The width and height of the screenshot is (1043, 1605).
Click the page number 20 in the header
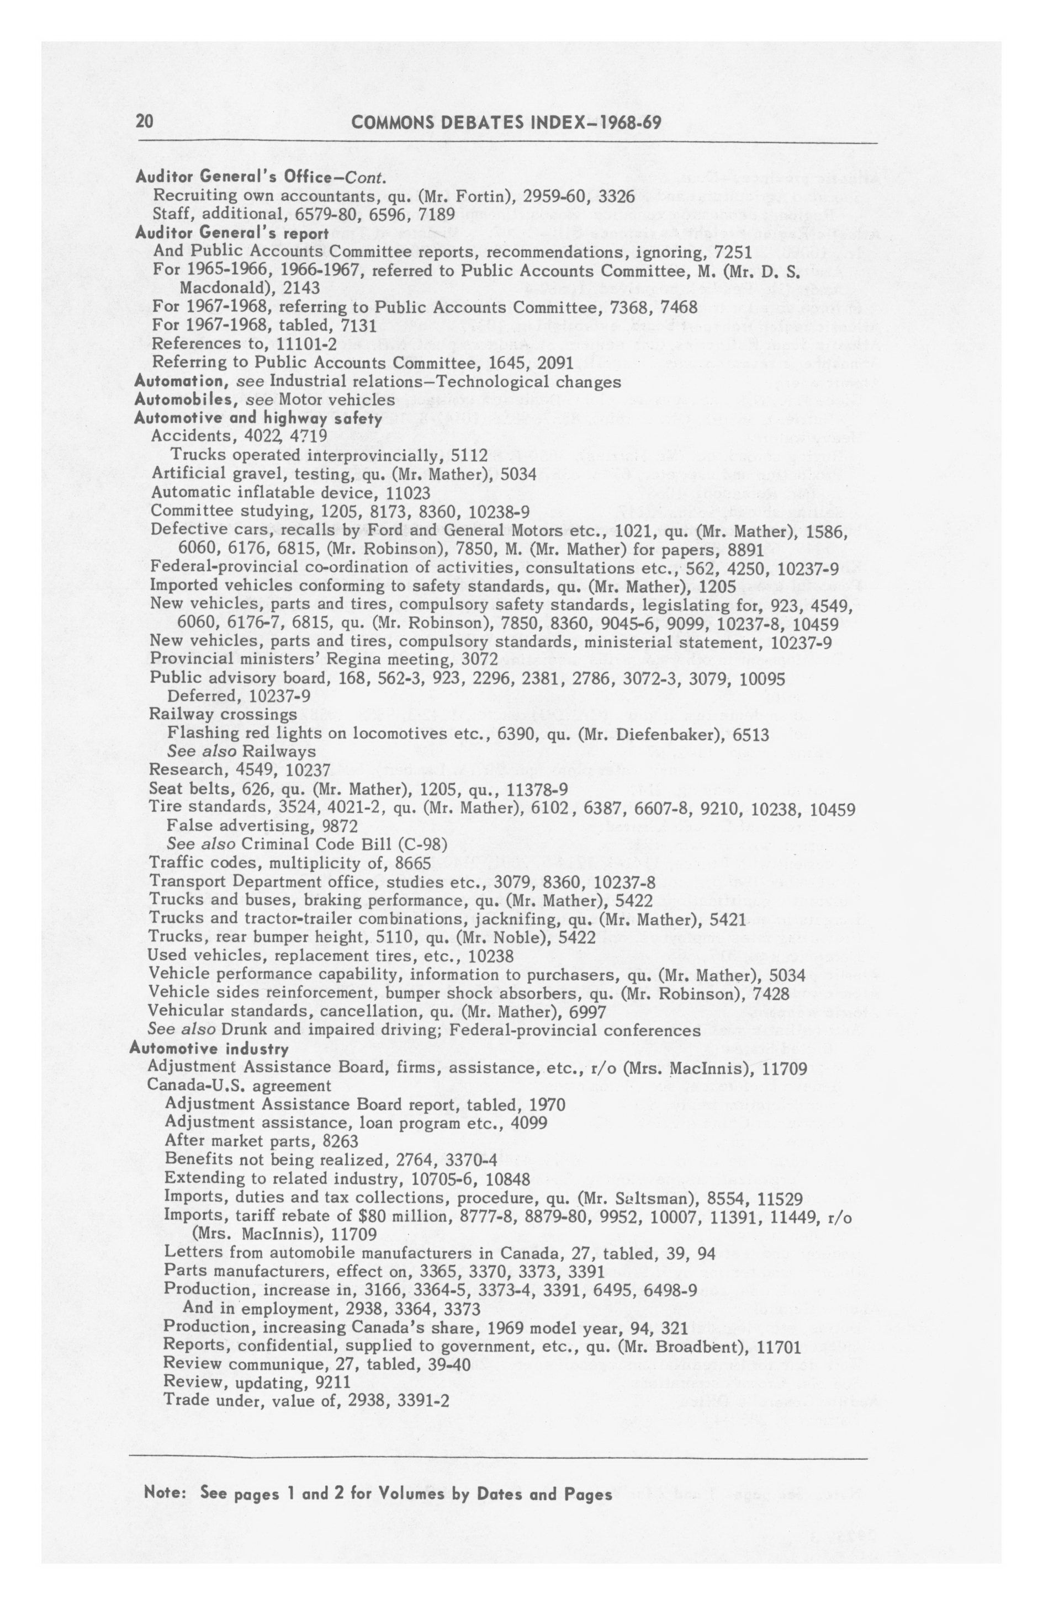(144, 122)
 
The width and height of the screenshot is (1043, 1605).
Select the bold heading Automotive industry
(209, 1049)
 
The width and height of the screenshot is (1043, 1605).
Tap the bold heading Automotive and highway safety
(258, 418)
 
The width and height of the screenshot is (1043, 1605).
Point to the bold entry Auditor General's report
(231, 233)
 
